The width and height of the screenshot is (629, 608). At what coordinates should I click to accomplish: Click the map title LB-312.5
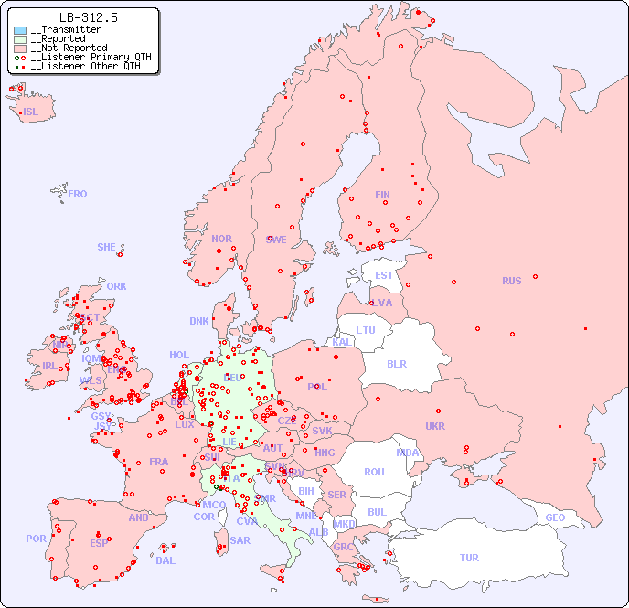(88, 17)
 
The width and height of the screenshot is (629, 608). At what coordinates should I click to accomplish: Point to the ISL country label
(31, 112)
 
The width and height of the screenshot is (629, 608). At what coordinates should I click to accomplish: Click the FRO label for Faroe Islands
(78, 194)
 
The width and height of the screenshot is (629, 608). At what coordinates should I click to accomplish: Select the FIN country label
(382, 195)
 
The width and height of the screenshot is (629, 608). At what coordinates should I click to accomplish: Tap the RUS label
(511, 281)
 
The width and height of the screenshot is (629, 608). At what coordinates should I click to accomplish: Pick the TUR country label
(469, 558)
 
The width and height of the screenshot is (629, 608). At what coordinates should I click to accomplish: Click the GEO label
(555, 517)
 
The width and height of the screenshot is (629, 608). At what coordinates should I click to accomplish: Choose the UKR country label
(434, 426)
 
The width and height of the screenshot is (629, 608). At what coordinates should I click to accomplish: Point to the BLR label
(396, 363)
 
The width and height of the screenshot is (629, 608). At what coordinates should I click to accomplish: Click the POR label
(36, 539)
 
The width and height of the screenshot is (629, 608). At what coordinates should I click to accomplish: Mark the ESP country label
(99, 543)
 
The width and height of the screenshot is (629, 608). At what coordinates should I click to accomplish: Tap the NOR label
(221, 239)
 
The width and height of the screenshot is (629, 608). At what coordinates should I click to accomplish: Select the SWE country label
(276, 240)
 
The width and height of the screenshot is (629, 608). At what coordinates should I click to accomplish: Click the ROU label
(374, 472)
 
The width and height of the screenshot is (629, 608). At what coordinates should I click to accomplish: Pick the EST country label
(384, 275)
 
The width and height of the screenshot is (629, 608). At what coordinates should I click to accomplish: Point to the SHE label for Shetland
(107, 247)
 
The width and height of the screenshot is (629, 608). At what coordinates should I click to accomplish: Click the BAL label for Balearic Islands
(165, 560)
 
